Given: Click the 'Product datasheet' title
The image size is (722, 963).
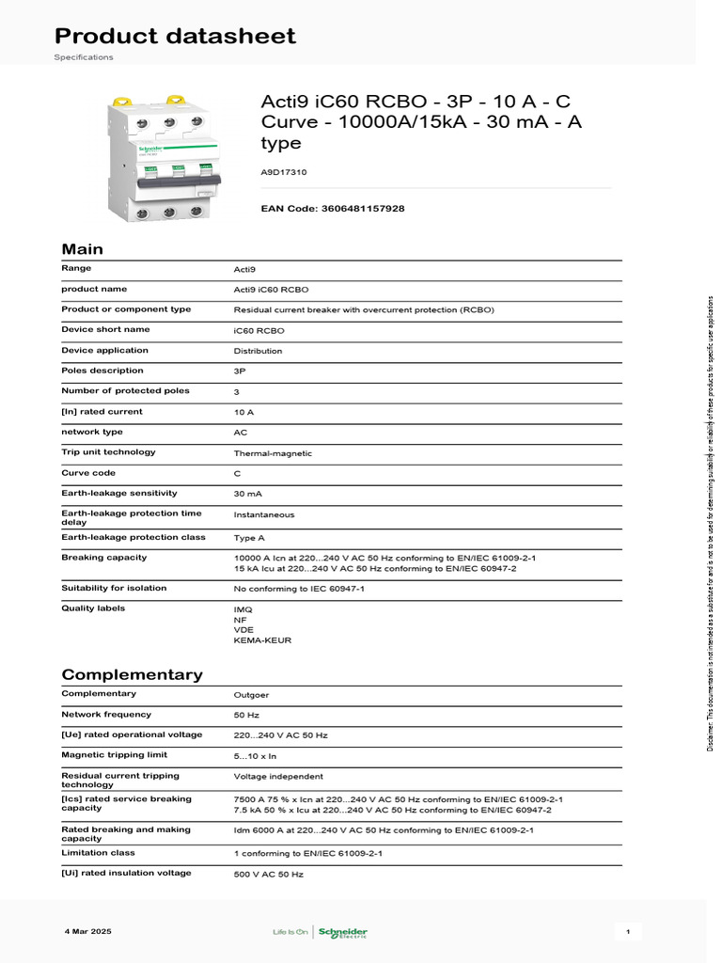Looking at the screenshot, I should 175,37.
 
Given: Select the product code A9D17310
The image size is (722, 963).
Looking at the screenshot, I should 283,173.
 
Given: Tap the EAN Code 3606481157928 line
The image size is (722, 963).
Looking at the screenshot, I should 332,208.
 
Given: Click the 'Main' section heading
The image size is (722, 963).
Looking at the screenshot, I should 82,249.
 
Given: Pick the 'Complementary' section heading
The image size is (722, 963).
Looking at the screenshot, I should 132,674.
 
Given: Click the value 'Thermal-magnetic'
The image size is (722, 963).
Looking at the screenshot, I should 273,453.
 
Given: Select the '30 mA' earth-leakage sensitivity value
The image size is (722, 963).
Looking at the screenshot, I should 248,494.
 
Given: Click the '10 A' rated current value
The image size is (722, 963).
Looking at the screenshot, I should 243,412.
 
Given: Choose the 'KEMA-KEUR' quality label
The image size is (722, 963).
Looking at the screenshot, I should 262,640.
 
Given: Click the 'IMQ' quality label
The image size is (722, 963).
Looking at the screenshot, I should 243,609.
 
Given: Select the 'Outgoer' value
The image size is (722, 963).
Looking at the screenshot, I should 251,695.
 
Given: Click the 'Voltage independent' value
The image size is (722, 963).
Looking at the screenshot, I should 278,777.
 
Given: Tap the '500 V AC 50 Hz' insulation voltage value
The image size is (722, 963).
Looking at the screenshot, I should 268,875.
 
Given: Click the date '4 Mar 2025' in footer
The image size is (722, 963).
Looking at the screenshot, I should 88,931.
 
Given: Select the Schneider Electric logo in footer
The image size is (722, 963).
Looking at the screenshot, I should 342,932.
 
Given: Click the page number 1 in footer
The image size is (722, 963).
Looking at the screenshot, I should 627,931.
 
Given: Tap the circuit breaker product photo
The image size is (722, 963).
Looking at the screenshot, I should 163,159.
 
